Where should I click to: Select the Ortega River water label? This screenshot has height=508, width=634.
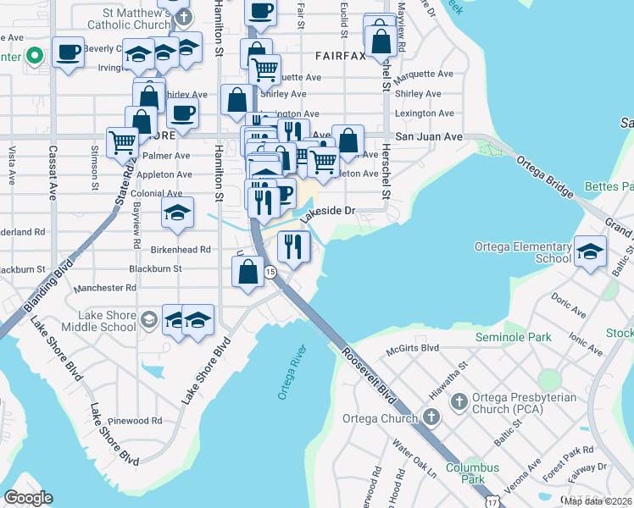[290, 373]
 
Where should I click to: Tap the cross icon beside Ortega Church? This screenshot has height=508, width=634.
[431, 417]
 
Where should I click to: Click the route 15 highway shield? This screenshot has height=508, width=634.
[270, 272]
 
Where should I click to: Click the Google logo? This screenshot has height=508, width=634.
[28, 497]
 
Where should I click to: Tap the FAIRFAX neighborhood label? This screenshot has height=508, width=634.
[340, 56]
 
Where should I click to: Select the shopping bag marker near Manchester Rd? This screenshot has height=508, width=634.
[247, 273]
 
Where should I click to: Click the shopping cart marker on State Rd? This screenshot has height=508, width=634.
[123, 142]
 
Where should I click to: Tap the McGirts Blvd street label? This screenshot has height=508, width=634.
[413, 347]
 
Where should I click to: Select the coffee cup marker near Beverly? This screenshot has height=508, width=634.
[68, 52]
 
